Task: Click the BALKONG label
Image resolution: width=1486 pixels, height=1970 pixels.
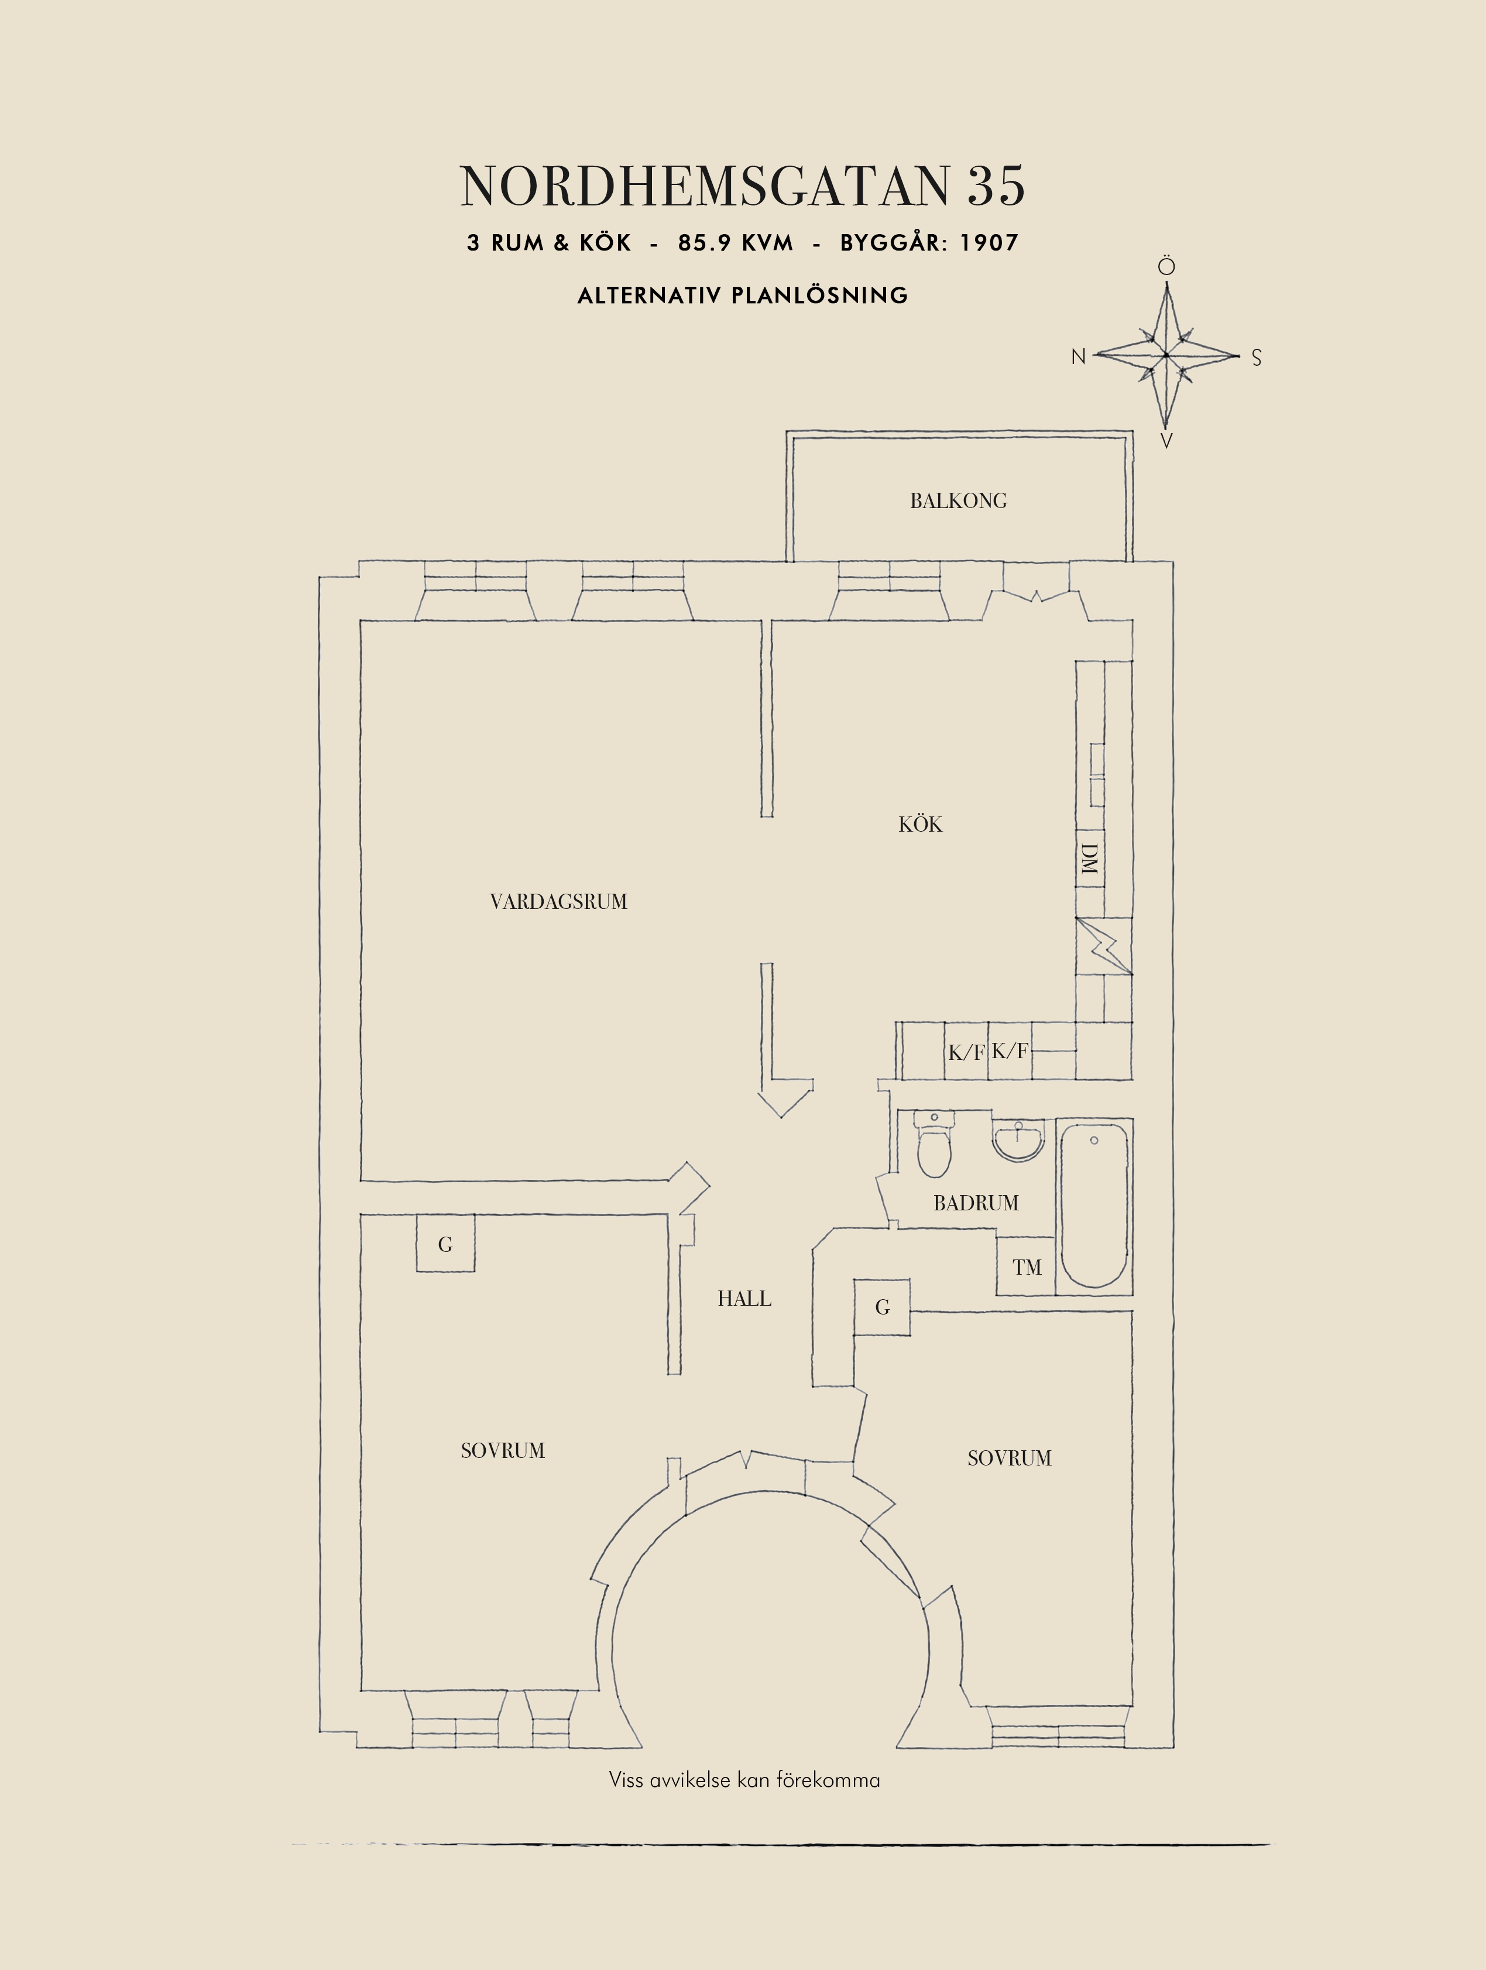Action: point(958,500)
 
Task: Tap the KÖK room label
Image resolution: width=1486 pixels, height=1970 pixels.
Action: point(919,825)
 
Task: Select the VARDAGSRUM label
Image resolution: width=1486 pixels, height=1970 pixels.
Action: point(558,902)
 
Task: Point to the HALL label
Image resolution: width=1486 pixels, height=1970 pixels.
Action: point(744,1299)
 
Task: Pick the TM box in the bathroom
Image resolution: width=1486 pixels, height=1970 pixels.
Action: point(1026,1267)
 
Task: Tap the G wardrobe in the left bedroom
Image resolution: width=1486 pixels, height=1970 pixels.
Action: point(445,1244)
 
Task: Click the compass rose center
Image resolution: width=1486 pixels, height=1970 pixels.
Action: point(1165,355)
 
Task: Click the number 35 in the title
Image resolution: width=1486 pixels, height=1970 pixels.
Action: point(996,186)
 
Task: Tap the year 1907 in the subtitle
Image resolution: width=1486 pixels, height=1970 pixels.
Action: point(989,243)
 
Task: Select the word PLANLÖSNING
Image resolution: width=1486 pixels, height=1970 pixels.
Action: point(819,296)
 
